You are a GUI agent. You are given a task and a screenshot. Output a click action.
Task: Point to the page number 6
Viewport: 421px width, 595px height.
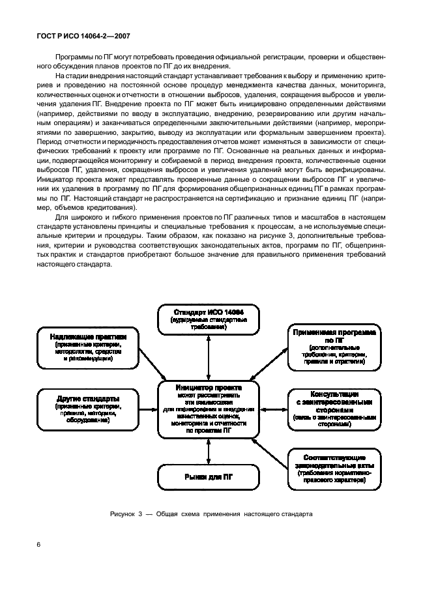point(38,542)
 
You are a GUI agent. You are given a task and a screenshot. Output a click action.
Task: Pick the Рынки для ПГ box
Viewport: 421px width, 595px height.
point(208,477)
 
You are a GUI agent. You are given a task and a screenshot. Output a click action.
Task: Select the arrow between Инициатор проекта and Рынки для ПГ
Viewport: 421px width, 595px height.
point(208,450)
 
